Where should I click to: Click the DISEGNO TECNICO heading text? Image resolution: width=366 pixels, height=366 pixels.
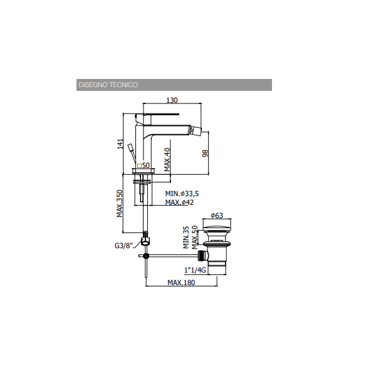pos(108,85)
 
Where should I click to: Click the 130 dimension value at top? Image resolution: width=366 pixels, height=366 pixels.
pos(172,100)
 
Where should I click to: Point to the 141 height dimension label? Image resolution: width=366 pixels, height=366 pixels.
pos(120,144)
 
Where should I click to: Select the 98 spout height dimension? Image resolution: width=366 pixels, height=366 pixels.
pos(205,154)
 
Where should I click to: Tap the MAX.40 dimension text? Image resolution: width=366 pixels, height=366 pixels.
pos(167,160)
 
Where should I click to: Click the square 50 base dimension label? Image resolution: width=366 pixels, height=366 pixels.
pos(144,165)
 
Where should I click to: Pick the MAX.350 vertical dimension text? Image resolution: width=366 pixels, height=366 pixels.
pos(120,204)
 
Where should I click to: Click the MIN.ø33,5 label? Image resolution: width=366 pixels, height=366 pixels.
pos(182,194)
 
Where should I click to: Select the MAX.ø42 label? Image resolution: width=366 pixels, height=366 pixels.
pos(179,202)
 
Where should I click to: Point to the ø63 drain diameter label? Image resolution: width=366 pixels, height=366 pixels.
pos(217,216)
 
